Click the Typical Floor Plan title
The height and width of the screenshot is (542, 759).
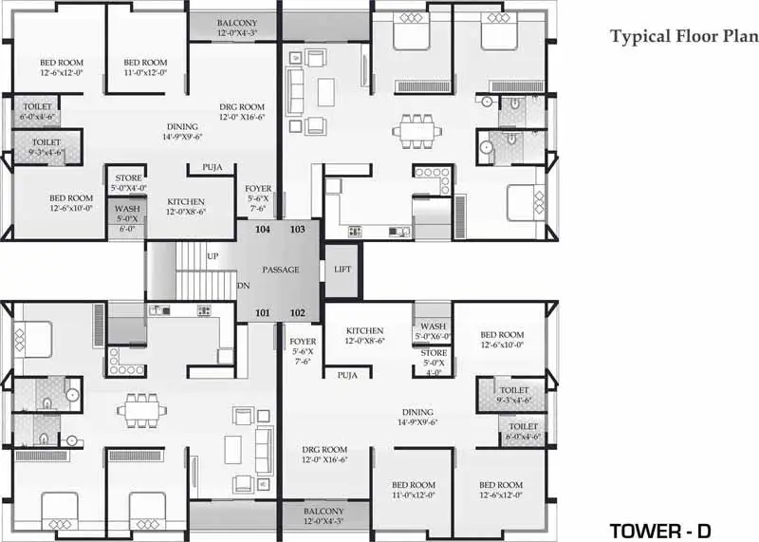(684, 37)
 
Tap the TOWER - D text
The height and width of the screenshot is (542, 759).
(659, 531)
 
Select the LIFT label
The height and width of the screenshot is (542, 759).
(342, 270)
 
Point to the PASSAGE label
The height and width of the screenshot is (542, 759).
(281, 270)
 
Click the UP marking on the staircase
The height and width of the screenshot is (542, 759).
(213, 256)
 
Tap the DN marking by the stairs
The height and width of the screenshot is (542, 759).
(244, 286)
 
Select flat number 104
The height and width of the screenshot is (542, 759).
(263, 229)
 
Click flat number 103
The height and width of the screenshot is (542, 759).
(298, 229)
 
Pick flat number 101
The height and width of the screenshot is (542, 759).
(263, 313)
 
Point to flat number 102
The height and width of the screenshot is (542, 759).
(298, 313)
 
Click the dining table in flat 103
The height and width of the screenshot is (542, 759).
(417, 131)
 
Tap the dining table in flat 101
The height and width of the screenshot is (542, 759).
(141, 411)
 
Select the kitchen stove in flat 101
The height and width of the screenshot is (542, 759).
(204, 310)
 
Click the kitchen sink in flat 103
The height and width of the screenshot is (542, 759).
(399, 232)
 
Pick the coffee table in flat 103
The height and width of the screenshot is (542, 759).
(325, 92)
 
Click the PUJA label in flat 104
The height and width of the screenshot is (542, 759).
(212, 168)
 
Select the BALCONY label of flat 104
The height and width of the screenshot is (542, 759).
(236, 23)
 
